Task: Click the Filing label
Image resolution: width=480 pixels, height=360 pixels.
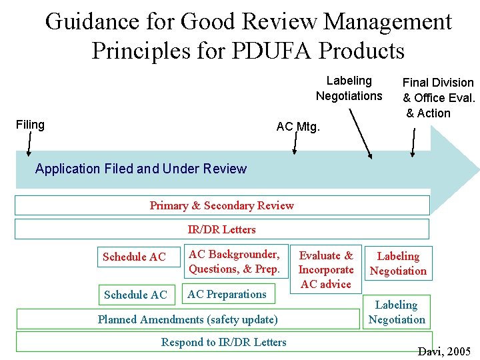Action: pyautogui.click(x=30, y=125)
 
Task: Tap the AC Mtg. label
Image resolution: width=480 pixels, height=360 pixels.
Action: pyautogui.click(x=298, y=127)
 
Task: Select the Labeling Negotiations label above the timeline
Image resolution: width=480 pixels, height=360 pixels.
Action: pyautogui.click(x=349, y=88)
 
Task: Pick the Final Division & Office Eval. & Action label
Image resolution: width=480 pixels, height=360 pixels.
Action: pyautogui.click(x=438, y=97)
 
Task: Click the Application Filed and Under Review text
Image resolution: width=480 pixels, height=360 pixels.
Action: pyautogui.click(x=141, y=169)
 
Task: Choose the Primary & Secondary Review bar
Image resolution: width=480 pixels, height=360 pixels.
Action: pyautogui.click(x=222, y=205)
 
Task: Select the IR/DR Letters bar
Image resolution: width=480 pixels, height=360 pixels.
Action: pyautogui.click(x=222, y=229)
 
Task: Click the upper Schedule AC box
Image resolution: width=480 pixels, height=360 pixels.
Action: pyautogui.click(x=135, y=257)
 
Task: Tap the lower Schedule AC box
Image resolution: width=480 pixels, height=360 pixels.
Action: pyautogui.click(x=135, y=295)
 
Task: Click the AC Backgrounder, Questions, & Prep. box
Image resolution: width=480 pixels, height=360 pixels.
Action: pyautogui.click(x=234, y=261)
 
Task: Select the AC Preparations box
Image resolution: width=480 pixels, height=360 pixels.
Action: pyautogui.click(x=227, y=294)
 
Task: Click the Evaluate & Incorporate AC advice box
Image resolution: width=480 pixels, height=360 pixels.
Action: pyautogui.click(x=326, y=269)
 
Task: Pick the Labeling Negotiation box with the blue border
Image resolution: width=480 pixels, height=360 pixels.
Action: pyautogui.click(x=399, y=263)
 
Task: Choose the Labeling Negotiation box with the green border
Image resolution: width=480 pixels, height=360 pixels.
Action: pyautogui.click(x=397, y=312)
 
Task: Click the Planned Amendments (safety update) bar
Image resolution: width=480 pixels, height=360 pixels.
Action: pyautogui.click(x=188, y=319)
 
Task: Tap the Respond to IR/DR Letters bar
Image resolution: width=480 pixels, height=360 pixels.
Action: pyautogui.click(x=223, y=342)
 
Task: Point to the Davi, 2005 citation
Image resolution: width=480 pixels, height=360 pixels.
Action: pyautogui.click(x=444, y=351)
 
